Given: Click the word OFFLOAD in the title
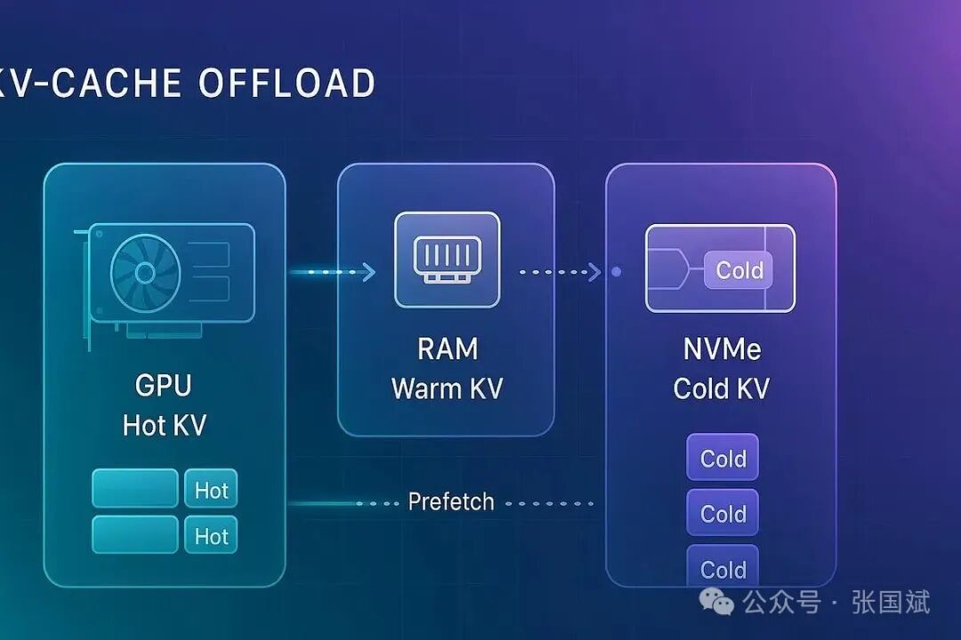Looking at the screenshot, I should point(286,84).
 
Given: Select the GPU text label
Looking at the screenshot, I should point(164,386).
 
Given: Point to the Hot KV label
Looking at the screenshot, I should point(164,425).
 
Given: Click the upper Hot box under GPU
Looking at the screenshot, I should point(211,489).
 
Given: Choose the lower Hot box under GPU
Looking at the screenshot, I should point(211,535).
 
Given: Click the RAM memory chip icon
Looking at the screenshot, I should point(447,259).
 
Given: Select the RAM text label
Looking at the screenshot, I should point(447,348).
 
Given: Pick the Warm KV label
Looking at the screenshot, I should point(447,388).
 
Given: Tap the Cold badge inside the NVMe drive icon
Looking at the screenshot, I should point(739,270).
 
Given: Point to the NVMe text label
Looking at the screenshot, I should point(722,348).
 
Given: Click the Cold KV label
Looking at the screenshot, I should point(722,388).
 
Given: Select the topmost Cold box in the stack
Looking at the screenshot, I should point(723,459).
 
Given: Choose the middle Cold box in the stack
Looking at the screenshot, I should point(723,514).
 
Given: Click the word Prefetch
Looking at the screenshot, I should point(450,502).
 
